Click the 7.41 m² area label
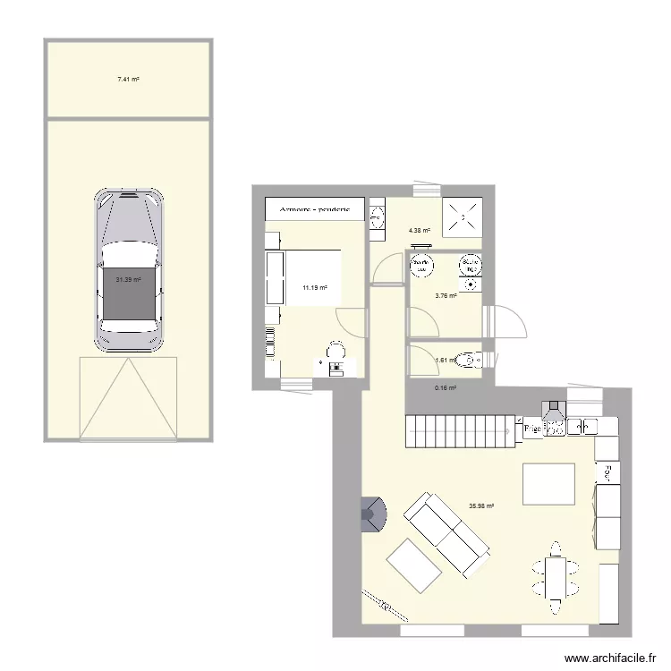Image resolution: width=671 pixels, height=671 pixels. [x=128, y=80]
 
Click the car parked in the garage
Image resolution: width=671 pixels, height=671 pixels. [x=130, y=269]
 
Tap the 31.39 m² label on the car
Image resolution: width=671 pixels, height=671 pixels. [x=129, y=280]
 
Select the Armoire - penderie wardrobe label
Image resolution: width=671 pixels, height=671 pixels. [x=315, y=209]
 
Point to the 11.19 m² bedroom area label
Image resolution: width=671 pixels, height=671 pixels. [x=314, y=288]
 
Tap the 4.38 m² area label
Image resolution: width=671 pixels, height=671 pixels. [x=420, y=231]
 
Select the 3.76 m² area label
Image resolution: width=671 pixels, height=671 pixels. [x=446, y=296]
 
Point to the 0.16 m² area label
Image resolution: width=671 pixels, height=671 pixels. [x=446, y=388]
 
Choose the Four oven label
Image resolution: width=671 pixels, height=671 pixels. [x=607, y=471]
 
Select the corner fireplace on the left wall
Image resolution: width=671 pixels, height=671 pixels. [x=372, y=513]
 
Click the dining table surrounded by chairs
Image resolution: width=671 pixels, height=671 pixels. [x=553, y=573]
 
